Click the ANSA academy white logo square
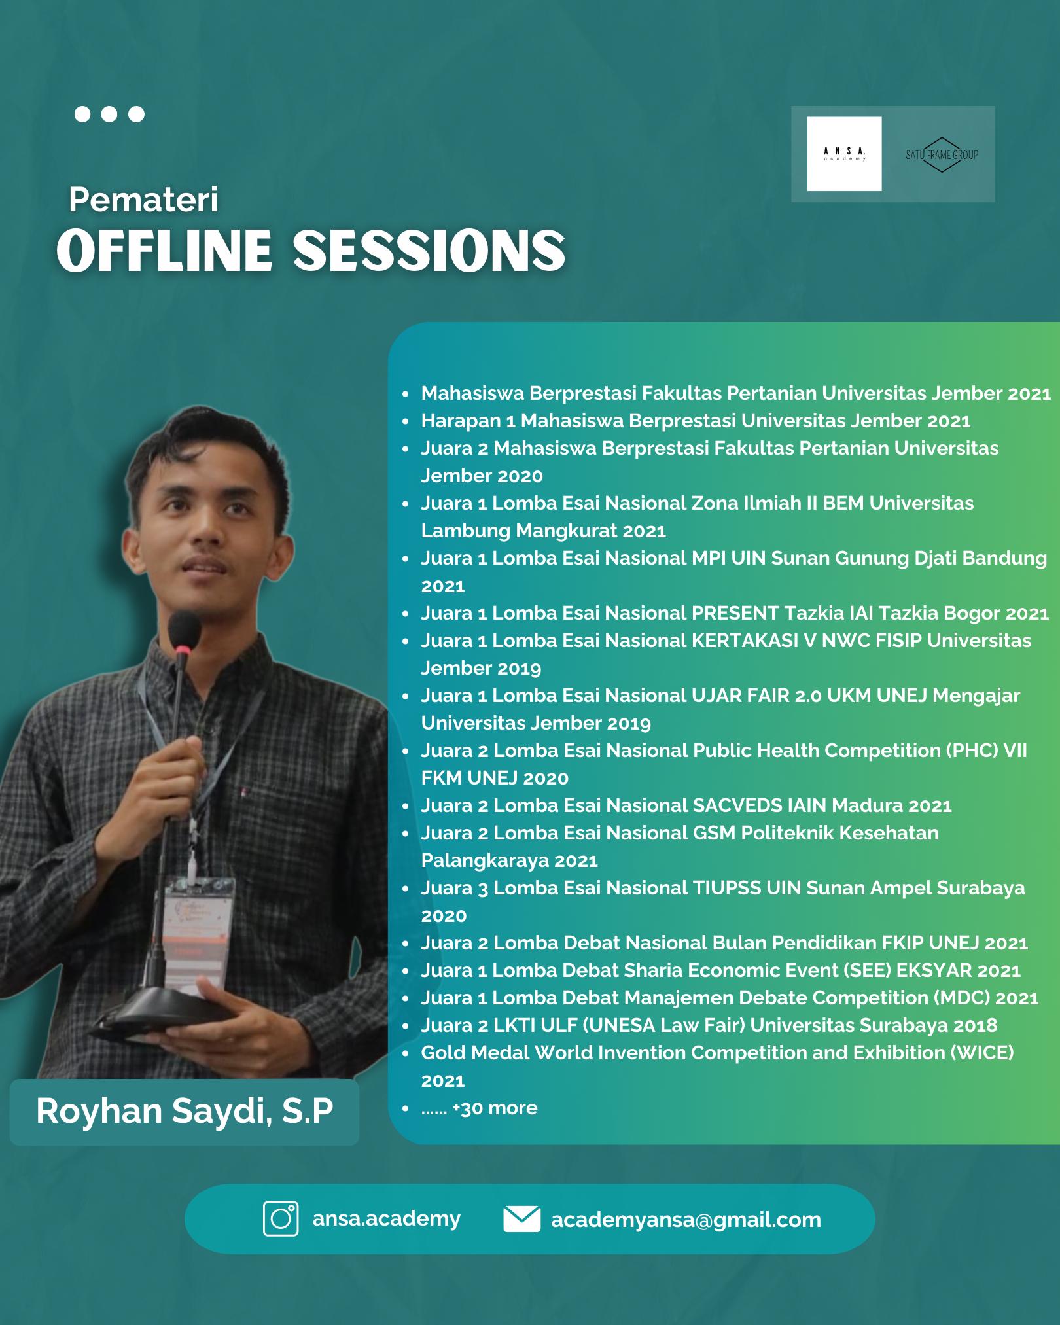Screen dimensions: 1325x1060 pos(844,154)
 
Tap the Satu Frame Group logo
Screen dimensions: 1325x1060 pos(942,154)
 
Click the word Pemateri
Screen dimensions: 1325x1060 pos(143,200)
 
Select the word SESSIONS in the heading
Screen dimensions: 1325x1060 pos(429,251)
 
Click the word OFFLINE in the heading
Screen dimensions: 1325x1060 pos(164,251)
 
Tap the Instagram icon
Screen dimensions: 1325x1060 pos(281,1219)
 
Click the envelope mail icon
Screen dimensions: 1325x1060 pos(521,1219)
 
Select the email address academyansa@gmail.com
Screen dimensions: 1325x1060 pos(686,1220)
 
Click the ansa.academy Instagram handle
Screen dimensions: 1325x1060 pos(386,1218)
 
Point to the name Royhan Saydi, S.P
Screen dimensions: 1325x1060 pos(185,1111)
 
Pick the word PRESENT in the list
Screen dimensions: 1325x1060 pos(735,613)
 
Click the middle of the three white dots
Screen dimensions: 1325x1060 pos(109,115)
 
